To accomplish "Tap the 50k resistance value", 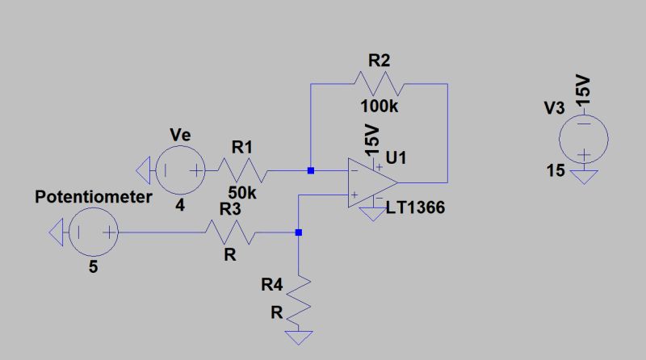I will [242, 194].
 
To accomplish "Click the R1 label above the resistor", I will [242, 147].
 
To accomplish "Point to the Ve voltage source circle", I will [180, 170].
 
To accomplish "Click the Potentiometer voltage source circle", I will [94, 234].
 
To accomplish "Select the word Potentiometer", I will [93, 198].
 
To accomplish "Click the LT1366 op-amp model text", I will [415, 209].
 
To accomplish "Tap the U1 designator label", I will [396, 160].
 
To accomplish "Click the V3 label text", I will [553, 108].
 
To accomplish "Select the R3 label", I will [229, 208].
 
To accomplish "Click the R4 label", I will [272, 284].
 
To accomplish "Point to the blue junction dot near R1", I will [310, 170].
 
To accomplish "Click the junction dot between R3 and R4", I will [299, 232].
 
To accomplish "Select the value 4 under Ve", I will [180, 206].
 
